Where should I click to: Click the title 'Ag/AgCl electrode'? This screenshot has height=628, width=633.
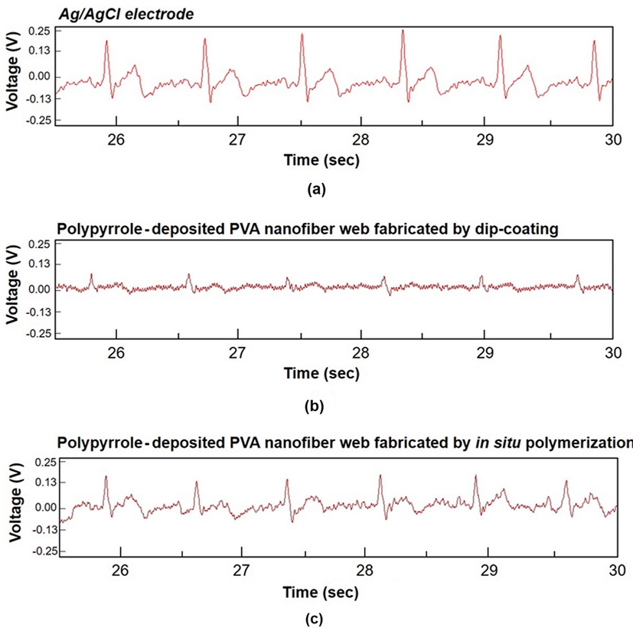point(109,11)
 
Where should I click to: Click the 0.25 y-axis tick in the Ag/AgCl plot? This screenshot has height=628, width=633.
point(38,31)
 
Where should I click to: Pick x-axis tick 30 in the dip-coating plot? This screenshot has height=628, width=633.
point(612,355)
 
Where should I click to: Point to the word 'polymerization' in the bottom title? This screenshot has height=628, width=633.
point(590,443)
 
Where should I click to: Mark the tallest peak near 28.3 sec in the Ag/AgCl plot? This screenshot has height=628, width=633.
point(402,41)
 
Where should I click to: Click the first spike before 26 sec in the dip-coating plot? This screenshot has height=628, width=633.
point(91,274)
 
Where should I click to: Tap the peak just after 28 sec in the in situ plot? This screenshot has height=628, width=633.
point(380,476)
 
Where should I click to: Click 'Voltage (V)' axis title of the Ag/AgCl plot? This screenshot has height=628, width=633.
point(11,75)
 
